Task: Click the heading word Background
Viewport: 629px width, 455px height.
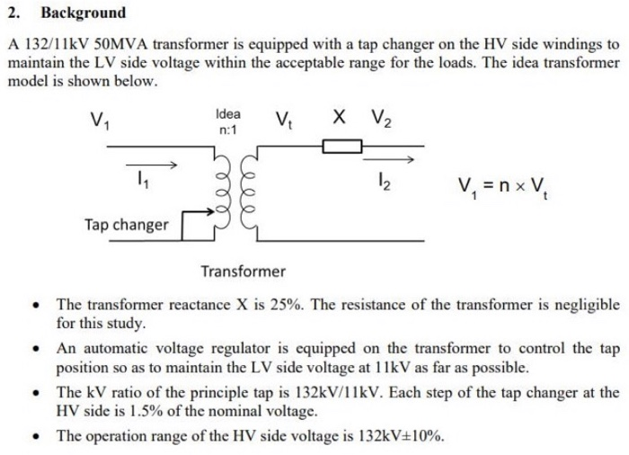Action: pos(83,13)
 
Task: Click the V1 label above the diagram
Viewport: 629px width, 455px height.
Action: pos(101,119)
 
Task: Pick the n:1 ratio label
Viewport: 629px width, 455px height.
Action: pos(228,131)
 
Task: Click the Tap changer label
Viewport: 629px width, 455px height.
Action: pos(126,225)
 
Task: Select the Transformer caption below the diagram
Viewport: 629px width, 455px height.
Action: pos(243,271)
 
